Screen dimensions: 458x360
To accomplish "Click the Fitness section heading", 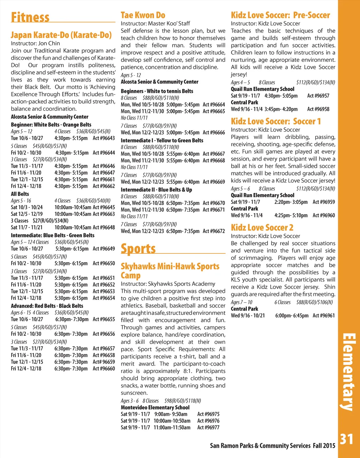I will tap(30, 17).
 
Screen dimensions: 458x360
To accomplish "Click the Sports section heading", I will tap(138, 249).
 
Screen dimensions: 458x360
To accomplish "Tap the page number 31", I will tap(347, 439).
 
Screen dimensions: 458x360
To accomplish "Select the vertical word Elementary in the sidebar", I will tap(348, 372).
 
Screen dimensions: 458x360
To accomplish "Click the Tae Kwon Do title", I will tap(143, 15).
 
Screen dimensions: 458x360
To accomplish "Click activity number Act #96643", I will tap(104, 138).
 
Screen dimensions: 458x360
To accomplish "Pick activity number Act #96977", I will tap(208, 427).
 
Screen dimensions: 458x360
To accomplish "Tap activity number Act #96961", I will tap(324, 315).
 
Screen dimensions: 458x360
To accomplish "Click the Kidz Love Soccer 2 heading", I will tap(262, 227).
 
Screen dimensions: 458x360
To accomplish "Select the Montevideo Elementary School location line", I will tap(155, 407).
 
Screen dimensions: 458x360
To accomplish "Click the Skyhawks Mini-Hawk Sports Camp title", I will tap(170, 271).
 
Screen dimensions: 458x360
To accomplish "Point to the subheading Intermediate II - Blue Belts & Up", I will tap(156, 189).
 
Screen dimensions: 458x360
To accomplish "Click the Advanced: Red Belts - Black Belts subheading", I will tap(47, 306).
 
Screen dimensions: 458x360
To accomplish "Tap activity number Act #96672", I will tap(214, 231).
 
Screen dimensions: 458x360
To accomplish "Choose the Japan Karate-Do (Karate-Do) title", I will tap(61, 35).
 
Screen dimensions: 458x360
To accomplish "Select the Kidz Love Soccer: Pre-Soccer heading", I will tap(281, 15).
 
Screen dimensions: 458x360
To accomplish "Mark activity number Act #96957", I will tap(318, 96).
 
